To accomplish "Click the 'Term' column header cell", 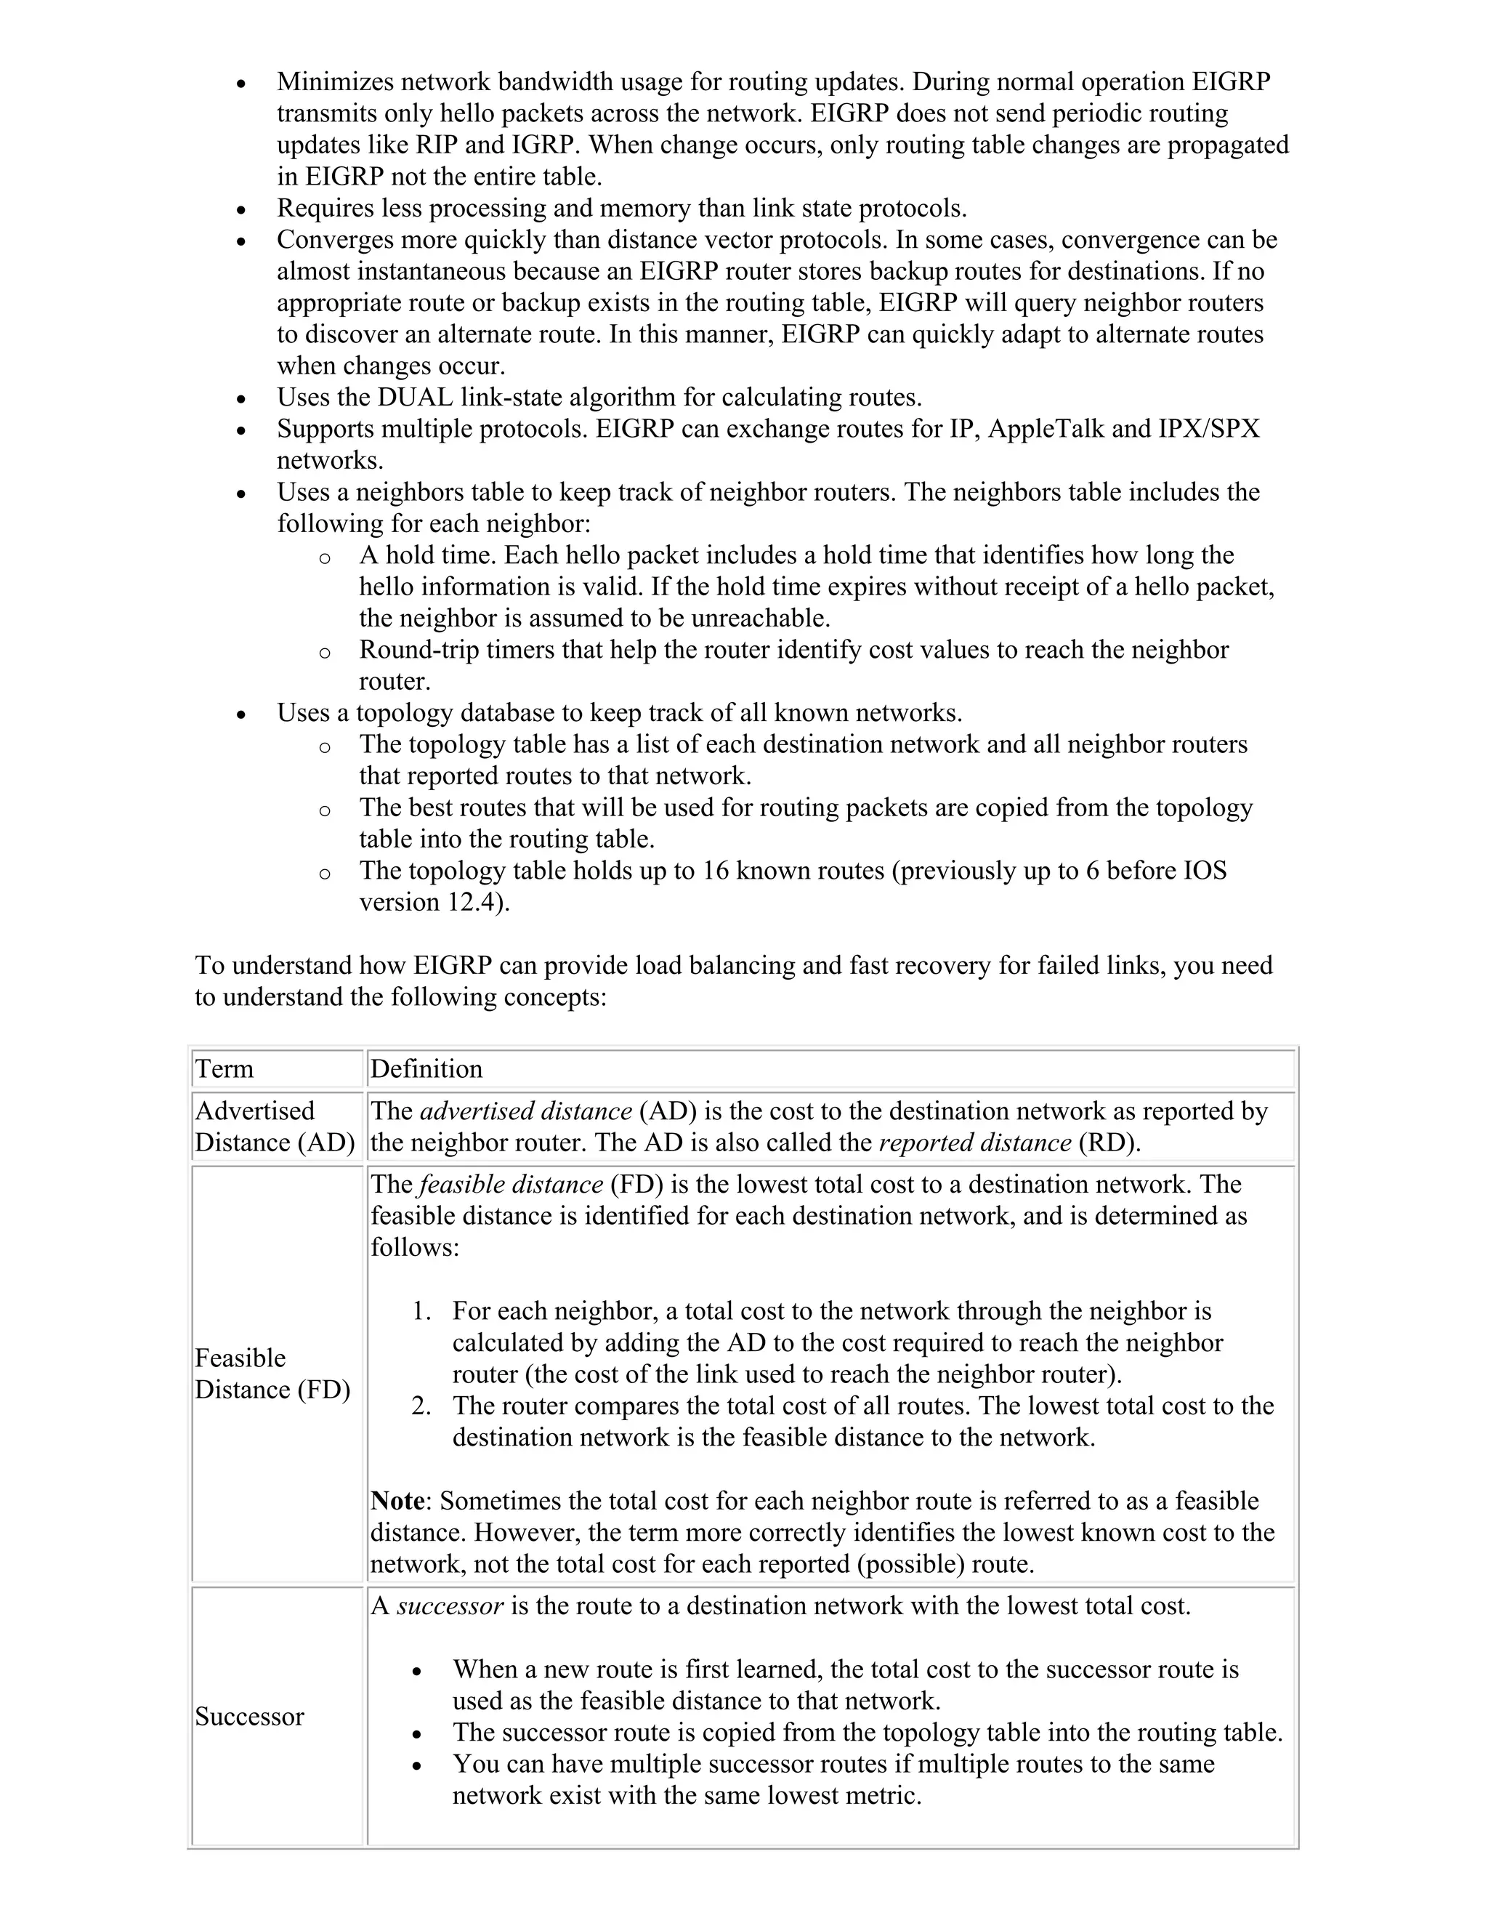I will [x=224, y=1069].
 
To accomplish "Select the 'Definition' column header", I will [x=426, y=1069].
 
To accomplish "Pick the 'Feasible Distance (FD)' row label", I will [x=272, y=1373].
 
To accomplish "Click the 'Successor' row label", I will [x=249, y=1716].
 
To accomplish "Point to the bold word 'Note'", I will [x=397, y=1501].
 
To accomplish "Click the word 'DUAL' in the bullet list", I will [x=415, y=397].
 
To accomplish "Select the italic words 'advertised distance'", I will [x=525, y=1111].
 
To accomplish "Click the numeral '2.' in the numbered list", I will [x=421, y=1406].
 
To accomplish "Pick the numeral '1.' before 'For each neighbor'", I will [x=421, y=1310].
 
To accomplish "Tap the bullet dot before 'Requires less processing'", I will [x=241, y=211].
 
